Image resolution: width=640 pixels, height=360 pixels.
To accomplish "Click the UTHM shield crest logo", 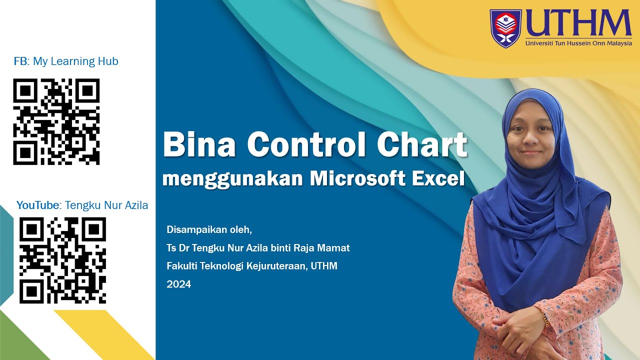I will (x=505, y=28).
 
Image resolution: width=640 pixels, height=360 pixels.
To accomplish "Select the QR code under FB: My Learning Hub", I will (x=56, y=121).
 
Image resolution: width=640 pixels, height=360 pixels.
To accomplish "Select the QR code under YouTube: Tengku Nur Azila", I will (x=62, y=260).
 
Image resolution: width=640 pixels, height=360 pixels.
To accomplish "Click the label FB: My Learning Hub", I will (x=66, y=61).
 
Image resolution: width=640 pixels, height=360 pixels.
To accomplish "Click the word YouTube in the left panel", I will (x=38, y=205).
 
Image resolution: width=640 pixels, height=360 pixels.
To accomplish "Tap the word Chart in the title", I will (x=422, y=144).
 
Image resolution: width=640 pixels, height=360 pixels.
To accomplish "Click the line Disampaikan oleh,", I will (x=209, y=230).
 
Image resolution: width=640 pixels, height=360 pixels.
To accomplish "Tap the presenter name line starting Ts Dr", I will (x=258, y=248).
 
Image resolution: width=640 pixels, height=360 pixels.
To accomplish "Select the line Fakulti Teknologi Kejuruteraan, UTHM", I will (x=252, y=266).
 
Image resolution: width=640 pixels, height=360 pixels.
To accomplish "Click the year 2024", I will (x=178, y=284).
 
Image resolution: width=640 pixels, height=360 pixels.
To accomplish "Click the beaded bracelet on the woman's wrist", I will (x=546, y=320).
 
